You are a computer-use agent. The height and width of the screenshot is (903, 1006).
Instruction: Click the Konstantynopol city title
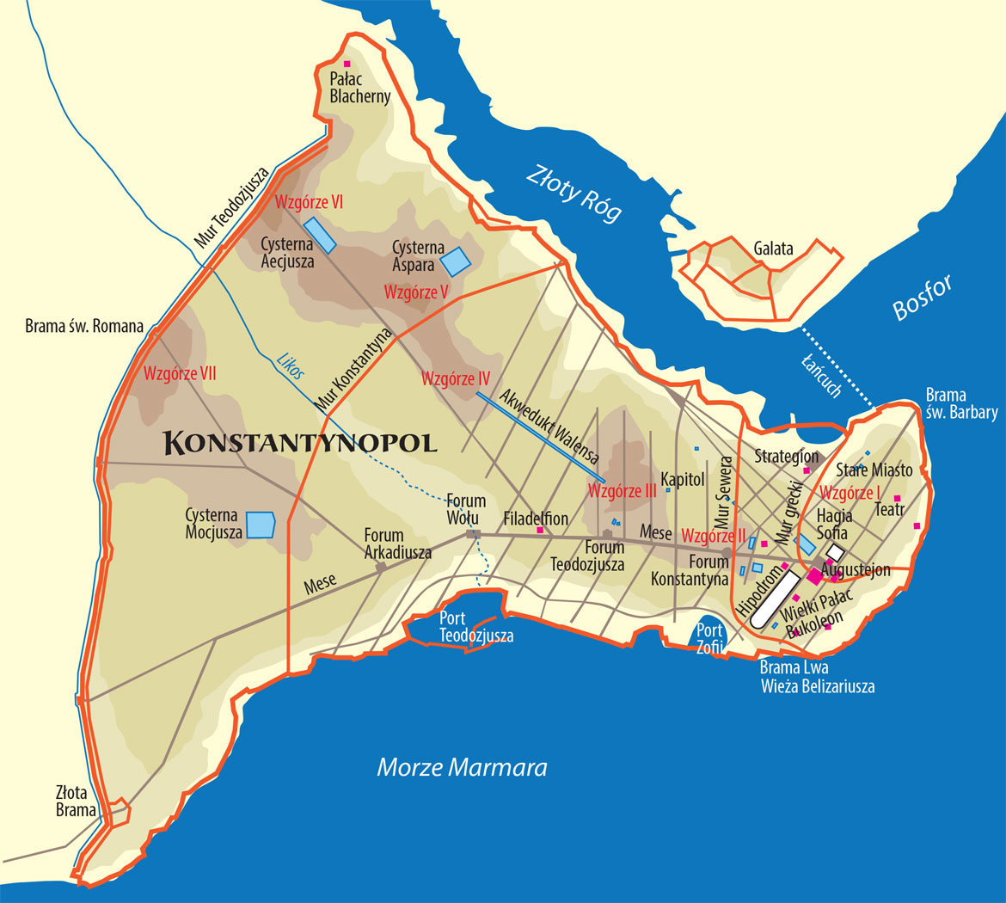300,443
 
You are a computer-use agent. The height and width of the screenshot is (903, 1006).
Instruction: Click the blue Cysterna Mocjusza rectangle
260,525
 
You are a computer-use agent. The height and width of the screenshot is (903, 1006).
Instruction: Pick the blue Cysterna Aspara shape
456,261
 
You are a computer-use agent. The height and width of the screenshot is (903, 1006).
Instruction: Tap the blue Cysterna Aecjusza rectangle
320,235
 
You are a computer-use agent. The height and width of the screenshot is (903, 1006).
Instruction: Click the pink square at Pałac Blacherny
347,64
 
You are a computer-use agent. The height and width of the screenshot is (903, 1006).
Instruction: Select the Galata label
774,249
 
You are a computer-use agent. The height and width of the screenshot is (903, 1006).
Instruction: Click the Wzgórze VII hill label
180,374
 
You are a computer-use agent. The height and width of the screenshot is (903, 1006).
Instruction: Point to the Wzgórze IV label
456,378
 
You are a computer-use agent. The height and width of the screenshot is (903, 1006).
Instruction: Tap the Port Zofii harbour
710,636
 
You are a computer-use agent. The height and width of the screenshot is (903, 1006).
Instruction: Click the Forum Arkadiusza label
397,544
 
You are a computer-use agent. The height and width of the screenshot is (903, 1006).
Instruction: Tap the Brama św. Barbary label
961,404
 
